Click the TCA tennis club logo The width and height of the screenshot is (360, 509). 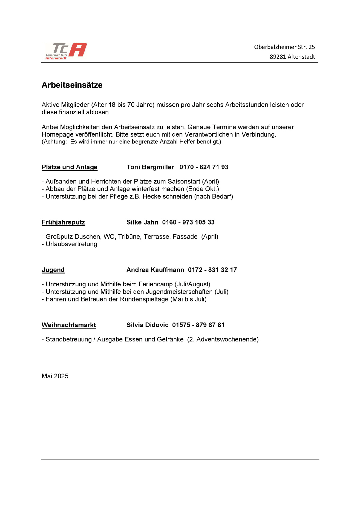coord(66,51)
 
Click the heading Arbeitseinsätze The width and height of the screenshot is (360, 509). coord(72,85)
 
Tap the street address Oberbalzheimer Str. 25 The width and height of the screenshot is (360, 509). coord(284,47)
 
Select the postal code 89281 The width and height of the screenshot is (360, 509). coord(278,57)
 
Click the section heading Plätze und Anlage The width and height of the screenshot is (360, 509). coord(69,167)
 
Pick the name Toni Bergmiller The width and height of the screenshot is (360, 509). coord(150,167)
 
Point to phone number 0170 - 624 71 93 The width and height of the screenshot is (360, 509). coord(204,167)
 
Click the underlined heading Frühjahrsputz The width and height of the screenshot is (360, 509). coord(63,222)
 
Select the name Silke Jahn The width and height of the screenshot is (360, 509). coord(142,222)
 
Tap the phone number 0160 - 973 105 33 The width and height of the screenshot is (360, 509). coord(188,222)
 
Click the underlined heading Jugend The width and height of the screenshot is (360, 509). coord(53,270)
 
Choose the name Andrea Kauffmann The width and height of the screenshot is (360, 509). coord(155,270)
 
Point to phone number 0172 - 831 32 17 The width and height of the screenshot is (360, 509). coord(212,270)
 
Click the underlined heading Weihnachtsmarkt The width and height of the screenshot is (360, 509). coord(69,325)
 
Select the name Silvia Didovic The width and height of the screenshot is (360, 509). coord(147,325)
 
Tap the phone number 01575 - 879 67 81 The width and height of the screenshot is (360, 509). coord(198,325)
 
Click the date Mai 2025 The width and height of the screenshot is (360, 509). coord(55,376)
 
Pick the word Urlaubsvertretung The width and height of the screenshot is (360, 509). coord(71,244)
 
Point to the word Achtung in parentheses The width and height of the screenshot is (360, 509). coord(55,142)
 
